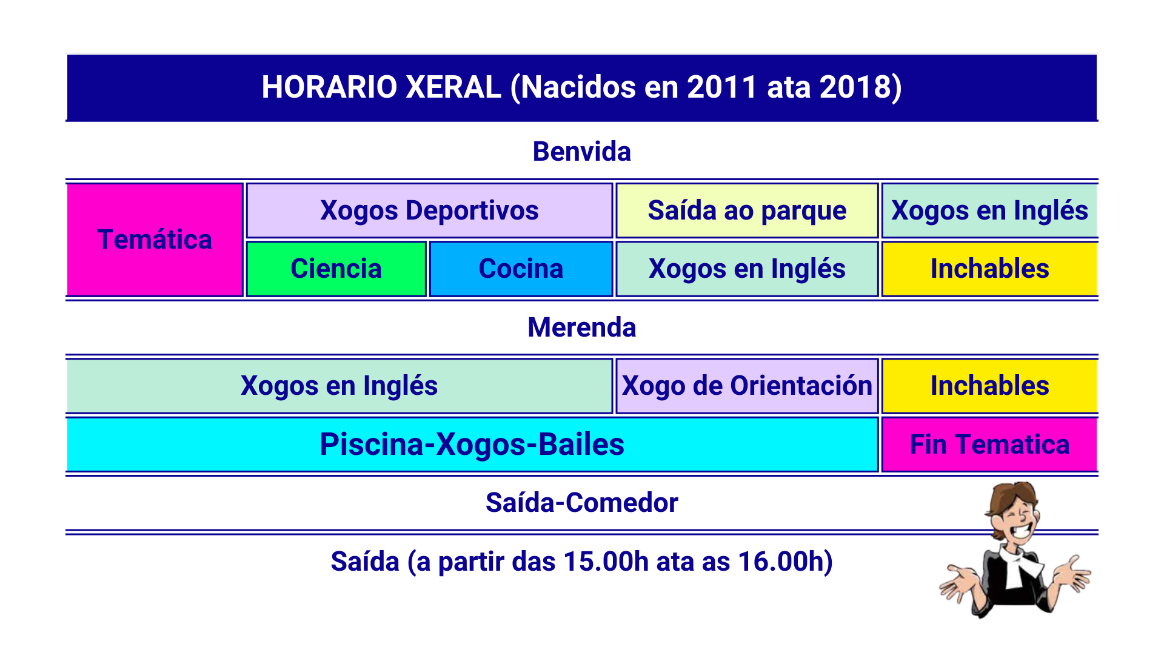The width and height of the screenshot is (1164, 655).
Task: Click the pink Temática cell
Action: pyautogui.click(x=155, y=240)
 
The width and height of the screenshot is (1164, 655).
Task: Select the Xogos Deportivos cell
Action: pyautogui.click(x=429, y=210)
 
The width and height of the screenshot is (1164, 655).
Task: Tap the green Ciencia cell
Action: pyautogui.click(x=336, y=269)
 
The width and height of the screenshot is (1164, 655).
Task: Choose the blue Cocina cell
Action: pyautogui.click(x=521, y=269)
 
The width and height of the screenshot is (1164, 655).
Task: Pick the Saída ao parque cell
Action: pyautogui.click(x=747, y=210)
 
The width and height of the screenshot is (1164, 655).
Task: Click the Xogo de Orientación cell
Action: pyautogui.click(x=747, y=386)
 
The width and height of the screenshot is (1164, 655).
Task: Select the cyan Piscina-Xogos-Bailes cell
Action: pyautogui.click(x=472, y=444)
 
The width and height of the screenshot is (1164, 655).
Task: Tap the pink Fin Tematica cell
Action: pyautogui.click(x=989, y=444)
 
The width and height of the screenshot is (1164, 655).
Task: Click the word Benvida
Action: pyautogui.click(x=582, y=152)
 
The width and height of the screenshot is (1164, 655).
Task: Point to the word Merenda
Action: pyautogui.click(x=582, y=327)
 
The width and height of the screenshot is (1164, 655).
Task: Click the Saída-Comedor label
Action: pyautogui.click(x=582, y=503)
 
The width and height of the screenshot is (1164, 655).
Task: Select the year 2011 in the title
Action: pyautogui.click(x=722, y=87)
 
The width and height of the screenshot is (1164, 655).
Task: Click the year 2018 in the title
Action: pyautogui.click(x=855, y=87)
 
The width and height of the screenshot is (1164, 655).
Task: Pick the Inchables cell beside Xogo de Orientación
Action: pyautogui.click(x=989, y=386)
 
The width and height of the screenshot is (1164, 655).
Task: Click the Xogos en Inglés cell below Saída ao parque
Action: pyautogui.click(x=747, y=269)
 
